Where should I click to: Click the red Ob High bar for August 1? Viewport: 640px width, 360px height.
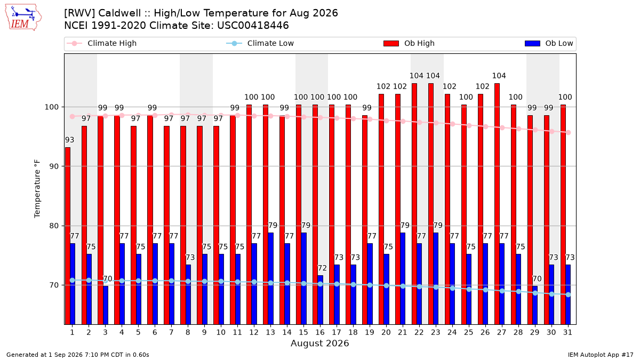[67, 236]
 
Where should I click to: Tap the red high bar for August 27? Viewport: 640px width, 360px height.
[497, 204]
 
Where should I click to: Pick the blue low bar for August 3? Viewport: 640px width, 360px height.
[106, 305]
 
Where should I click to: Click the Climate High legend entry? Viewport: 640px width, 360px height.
[102, 43]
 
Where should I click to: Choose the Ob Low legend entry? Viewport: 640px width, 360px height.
[549, 43]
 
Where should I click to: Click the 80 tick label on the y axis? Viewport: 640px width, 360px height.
[54, 226]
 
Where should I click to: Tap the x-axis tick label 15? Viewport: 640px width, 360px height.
[303, 332]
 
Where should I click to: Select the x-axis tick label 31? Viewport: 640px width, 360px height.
[567, 332]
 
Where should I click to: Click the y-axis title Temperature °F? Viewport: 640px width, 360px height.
[37, 189]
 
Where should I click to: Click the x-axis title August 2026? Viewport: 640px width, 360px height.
[319, 343]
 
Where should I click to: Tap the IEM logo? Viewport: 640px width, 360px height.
[23, 18]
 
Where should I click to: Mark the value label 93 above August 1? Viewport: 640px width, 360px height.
[70, 140]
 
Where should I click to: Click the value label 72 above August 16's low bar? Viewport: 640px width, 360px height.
[322, 268]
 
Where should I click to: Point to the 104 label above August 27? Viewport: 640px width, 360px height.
[499, 76]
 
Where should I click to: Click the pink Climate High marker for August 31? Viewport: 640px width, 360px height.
[569, 133]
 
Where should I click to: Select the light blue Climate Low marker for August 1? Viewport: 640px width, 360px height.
[73, 281]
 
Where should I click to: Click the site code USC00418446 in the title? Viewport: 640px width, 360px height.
[253, 26]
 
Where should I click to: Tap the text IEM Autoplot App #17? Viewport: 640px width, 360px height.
[601, 355]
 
